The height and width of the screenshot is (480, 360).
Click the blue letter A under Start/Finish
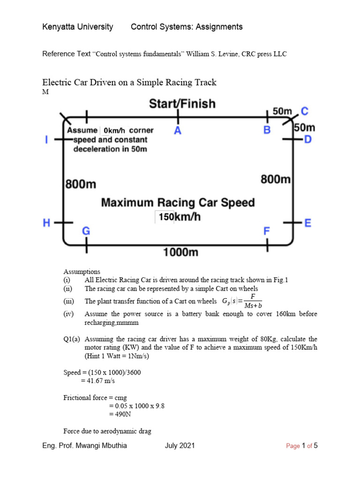(x=178, y=130)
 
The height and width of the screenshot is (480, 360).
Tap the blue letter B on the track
(x=267, y=130)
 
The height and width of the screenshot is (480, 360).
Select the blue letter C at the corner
(x=305, y=111)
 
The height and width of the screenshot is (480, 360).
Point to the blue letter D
(x=308, y=139)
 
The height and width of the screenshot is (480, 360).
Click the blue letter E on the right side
(x=308, y=223)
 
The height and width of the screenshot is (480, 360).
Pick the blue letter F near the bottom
(x=267, y=231)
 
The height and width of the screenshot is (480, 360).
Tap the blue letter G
(x=86, y=231)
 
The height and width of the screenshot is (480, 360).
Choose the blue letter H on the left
(x=47, y=223)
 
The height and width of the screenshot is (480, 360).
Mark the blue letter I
(x=47, y=140)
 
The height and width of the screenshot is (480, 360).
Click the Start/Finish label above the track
(x=182, y=103)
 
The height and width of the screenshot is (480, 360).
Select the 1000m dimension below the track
(x=180, y=252)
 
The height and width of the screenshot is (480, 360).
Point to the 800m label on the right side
(x=276, y=179)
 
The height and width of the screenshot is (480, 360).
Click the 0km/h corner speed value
(x=114, y=130)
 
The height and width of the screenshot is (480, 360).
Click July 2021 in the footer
(x=180, y=446)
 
